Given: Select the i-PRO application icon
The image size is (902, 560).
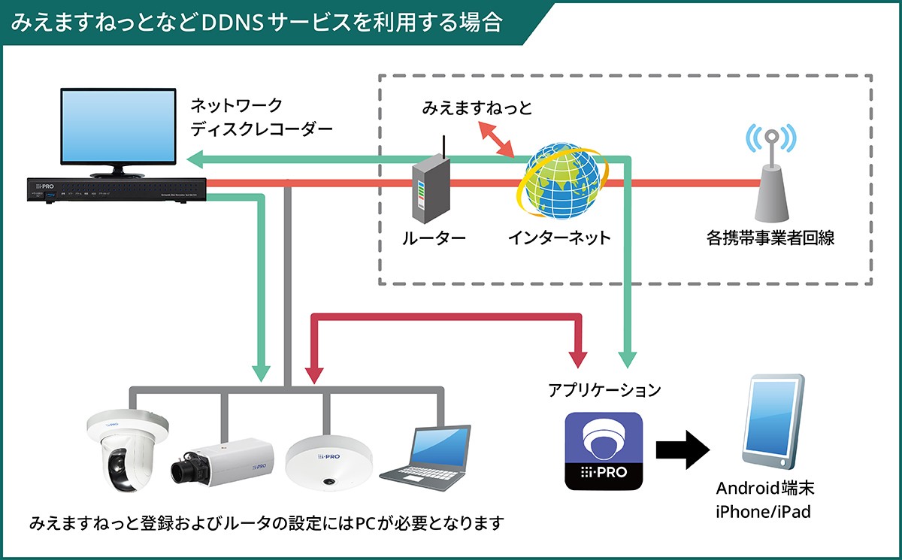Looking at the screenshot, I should tap(604, 452).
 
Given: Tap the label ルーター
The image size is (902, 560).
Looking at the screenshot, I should tap(434, 239).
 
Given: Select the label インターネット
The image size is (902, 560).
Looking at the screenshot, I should tap(559, 239).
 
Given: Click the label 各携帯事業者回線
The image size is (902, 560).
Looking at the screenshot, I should tap(770, 239).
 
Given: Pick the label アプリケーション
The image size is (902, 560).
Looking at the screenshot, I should tap(604, 390).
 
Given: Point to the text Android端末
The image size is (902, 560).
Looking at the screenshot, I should tap(764, 489).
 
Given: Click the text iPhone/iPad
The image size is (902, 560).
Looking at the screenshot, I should tap(764, 513).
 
